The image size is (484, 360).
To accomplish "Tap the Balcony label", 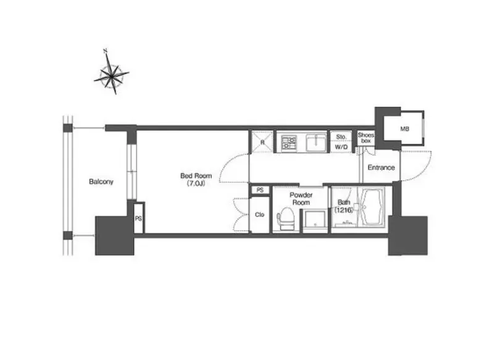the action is (x=101, y=182).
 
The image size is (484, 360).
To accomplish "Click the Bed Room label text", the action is (x=196, y=175).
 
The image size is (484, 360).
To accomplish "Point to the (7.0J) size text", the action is (x=196, y=184).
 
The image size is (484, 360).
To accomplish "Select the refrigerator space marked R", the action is (x=262, y=142).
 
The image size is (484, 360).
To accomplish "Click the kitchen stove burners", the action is (x=289, y=142).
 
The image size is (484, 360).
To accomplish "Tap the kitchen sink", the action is (x=316, y=143).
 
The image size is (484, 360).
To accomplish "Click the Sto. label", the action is (x=341, y=136).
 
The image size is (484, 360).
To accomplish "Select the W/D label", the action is (x=341, y=147).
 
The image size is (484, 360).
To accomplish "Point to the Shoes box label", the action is (x=365, y=138).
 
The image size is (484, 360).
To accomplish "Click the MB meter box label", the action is (x=405, y=128).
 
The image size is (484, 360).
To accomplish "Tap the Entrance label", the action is (x=382, y=167).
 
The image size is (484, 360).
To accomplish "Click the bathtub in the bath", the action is (x=372, y=207).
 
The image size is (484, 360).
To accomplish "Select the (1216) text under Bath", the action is (x=343, y=210).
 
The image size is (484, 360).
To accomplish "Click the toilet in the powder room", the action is (x=286, y=219).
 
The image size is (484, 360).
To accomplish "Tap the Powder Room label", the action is (x=301, y=199).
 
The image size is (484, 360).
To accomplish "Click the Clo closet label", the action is (x=259, y=214).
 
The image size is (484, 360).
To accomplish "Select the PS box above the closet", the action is (x=261, y=190).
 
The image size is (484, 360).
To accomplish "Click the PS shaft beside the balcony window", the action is (x=138, y=218).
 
